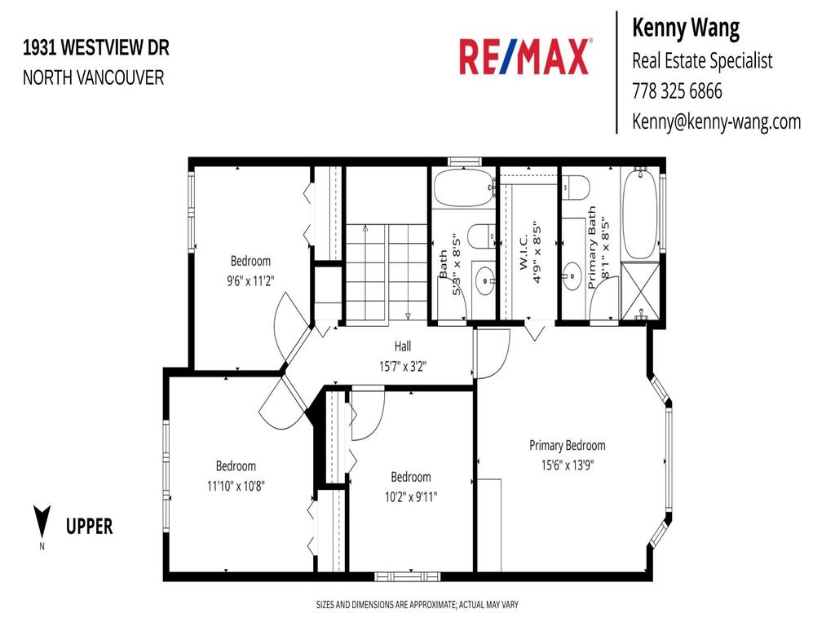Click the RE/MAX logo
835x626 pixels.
tap(524, 57)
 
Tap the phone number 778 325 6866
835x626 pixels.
tap(677, 91)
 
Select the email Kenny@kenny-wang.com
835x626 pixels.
tap(716, 121)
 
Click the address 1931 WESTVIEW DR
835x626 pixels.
tap(96, 48)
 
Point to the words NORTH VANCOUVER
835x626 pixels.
tap(93, 77)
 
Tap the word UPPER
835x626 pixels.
tap(89, 527)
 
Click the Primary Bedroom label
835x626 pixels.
tap(567, 445)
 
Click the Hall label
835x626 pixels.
tap(402, 346)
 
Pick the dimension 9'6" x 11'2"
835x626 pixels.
tap(250, 281)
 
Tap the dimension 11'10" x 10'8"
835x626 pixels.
tap(236, 486)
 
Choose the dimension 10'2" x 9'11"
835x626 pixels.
tap(410, 496)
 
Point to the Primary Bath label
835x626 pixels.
tap(592, 248)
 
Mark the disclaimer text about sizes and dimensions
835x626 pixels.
tap(417, 605)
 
